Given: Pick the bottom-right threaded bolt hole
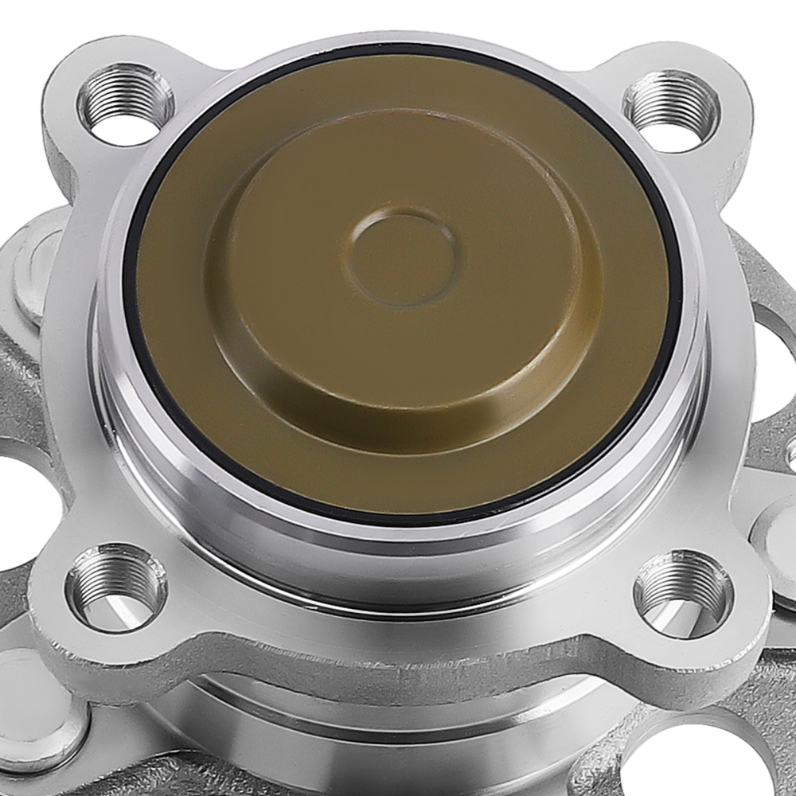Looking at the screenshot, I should click(x=683, y=594).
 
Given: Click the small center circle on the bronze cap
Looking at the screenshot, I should click(x=403, y=257).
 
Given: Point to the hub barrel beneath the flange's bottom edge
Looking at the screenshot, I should click(x=398, y=716).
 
